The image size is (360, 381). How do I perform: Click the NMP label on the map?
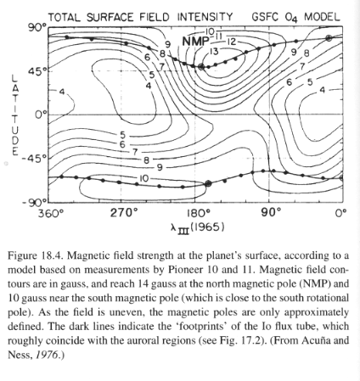coord(195,42)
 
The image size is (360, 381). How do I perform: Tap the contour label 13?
coord(214,52)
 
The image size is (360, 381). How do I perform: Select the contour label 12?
coord(231,42)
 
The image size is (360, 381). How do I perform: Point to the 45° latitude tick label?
coord(37,71)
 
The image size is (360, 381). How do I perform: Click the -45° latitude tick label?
coord(35,159)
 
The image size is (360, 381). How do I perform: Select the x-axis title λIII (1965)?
coord(198,227)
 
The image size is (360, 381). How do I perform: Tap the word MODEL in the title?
coord(322,17)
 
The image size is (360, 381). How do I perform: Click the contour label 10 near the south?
coord(143,178)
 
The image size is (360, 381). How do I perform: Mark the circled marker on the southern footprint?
coord(208,183)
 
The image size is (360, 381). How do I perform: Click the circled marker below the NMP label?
coord(201,67)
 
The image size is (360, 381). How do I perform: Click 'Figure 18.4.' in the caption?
coord(37,255)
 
